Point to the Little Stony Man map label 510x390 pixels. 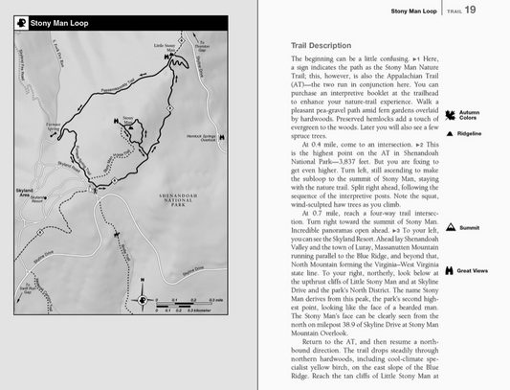[166, 46]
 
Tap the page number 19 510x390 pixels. [498, 11]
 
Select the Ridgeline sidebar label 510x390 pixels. [469, 133]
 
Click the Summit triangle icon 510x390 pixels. [449, 228]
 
